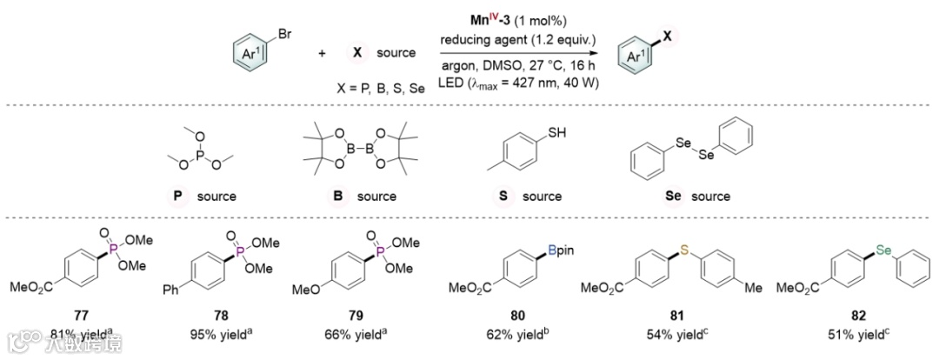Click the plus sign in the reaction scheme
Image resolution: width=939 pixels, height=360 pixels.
pyautogui.click(x=322, y=54)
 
